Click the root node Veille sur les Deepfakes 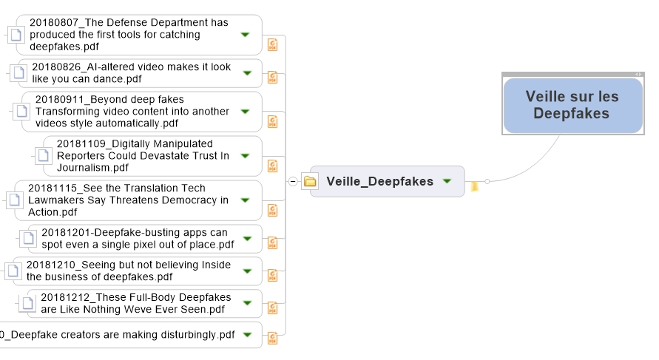573,105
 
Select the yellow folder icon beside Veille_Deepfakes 310,181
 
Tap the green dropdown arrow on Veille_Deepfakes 447,181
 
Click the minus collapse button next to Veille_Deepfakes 293,181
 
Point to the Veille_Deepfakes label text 380,181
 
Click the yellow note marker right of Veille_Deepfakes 475,186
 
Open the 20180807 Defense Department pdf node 139,35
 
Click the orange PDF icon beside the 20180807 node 273,44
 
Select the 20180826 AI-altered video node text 132,73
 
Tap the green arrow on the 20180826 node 247,73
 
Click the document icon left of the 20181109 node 43,156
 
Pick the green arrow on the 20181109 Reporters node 245,156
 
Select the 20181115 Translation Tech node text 128,200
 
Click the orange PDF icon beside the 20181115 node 273,210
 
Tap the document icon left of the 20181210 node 13,271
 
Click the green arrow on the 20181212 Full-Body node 247,303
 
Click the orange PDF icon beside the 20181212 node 273,308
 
